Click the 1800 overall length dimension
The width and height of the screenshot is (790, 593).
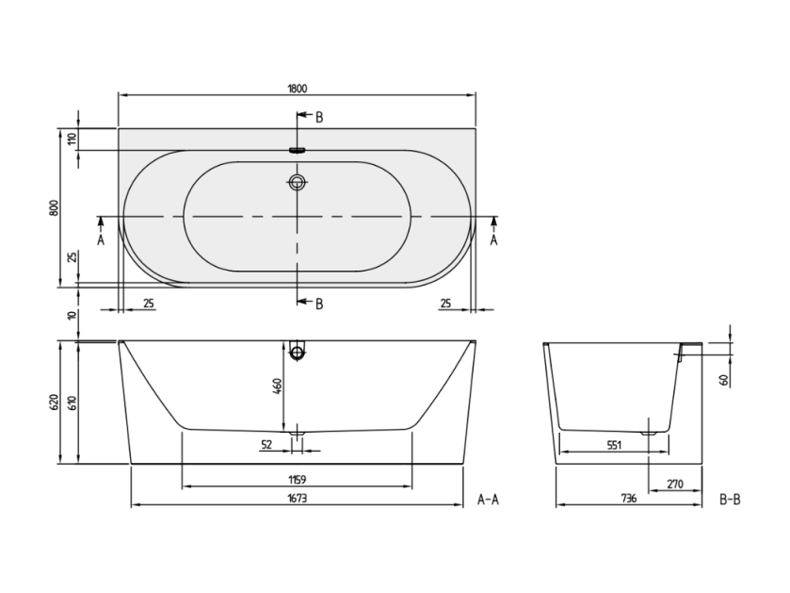click(298, 89)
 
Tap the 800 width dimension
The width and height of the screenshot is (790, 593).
click(55, 207)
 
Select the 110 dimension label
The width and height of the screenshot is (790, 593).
click(73, 139)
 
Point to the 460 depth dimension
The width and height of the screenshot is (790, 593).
click(277, 387)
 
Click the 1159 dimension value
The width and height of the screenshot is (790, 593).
click(298, 479)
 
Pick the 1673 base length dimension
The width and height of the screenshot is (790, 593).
click(298, 498)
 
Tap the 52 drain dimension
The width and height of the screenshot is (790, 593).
click(266, 444)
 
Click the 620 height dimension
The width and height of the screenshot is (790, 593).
click(55, 402)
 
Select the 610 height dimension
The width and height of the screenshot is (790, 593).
click(73, 402)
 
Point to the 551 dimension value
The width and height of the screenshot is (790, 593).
click(614, 445)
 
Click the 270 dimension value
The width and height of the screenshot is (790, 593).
click(675, 484)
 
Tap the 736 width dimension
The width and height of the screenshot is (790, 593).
click(629, 498)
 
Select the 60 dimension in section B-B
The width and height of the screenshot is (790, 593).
click(724, 380)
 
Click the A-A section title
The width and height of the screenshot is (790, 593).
click(488, 500)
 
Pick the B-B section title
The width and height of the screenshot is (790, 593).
click(730, 500)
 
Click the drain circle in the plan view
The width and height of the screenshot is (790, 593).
click(298, 182)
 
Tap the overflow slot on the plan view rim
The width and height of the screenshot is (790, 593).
click(298, 150)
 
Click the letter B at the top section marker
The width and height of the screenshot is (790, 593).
click(319, 118)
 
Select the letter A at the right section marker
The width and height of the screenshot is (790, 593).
click(493, 239)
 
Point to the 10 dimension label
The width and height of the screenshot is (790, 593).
click(73, 316)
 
